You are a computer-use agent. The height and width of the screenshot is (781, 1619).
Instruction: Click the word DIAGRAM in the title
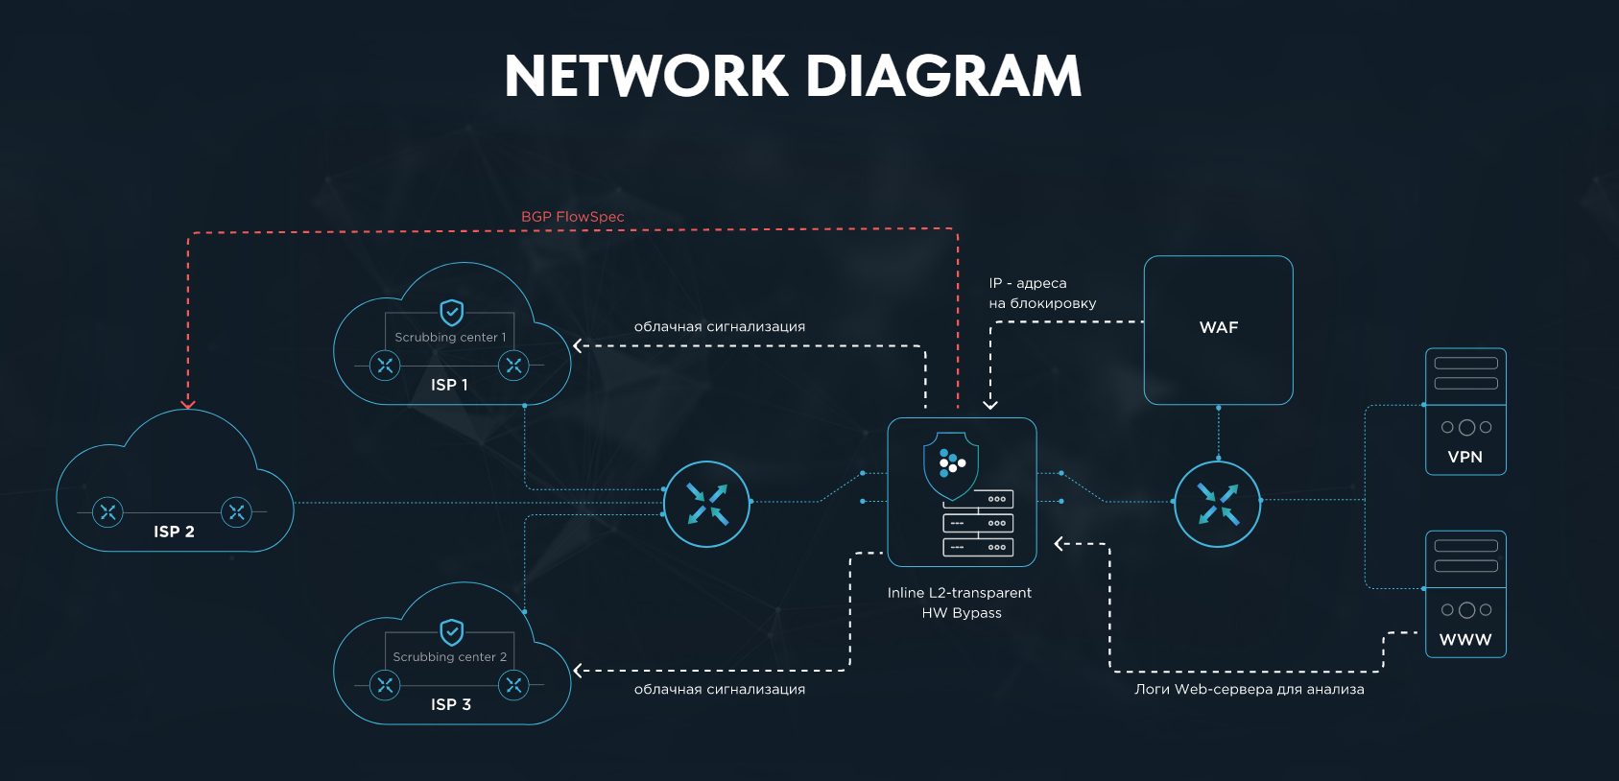click(943, 76)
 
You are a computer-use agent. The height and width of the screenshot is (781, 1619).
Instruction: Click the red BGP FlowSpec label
click(572, 217)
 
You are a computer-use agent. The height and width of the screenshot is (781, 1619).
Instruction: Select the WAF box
click(1218, 329)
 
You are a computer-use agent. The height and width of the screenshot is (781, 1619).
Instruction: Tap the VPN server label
click(1464, 457)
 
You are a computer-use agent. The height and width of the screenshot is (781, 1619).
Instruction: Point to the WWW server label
click(1465, 640)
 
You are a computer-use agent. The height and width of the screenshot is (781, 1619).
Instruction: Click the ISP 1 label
click(449, 385)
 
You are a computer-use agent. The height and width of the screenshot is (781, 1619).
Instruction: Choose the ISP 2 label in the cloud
click(174, 532)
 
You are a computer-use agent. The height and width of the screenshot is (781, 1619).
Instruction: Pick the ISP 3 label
click(451, 704)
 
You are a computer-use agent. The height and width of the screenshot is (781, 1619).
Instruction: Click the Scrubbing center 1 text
click(449, 338)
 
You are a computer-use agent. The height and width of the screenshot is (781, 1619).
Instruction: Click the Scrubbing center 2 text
click(449, 657)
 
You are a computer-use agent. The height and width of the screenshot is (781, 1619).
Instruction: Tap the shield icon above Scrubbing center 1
click(451, 312)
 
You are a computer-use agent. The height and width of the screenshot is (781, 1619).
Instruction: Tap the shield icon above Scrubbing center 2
click(451, 631)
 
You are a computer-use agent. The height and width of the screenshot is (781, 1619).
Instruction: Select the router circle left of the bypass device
click(707, 504)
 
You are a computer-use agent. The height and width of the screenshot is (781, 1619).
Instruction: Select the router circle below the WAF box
click(1217, 504)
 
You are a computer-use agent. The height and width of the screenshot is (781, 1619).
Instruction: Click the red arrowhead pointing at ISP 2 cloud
click(188, 404)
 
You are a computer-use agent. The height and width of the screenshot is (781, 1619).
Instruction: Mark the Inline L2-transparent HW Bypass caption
click(960, 603)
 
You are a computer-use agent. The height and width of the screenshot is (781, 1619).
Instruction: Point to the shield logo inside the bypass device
click(951, 465)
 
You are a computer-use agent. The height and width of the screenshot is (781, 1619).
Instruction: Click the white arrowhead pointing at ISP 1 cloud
click(578, 345)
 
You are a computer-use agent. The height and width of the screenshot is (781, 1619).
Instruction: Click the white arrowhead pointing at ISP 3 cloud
click(578, 671)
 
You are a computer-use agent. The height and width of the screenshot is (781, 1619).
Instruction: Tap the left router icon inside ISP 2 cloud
click(107, 512)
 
